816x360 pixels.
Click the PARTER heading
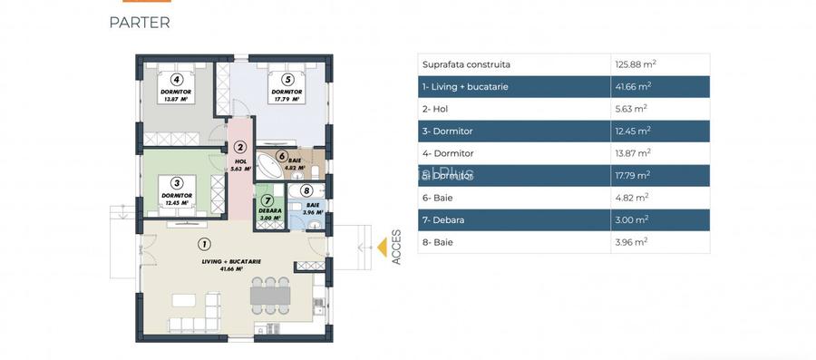point(139,23)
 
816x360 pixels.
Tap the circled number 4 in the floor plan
point(178,80)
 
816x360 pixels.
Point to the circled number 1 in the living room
point(204,243)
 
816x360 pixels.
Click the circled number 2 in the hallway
point(240,148)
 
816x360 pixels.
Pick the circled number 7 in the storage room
point(267,200)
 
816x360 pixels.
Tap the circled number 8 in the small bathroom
point(306,191)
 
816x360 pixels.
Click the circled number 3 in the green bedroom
point(178,182)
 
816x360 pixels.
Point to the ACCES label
point(396,247)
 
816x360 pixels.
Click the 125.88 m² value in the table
point(636,64)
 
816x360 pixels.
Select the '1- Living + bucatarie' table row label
point(465,86)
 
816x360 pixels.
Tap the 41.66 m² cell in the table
point(632,86)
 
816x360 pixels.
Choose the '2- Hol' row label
point(435,109)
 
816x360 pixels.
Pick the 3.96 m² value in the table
point(630,242)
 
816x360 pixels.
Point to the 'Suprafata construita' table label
point(466,64)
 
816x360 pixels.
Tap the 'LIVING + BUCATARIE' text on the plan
point(231,261)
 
